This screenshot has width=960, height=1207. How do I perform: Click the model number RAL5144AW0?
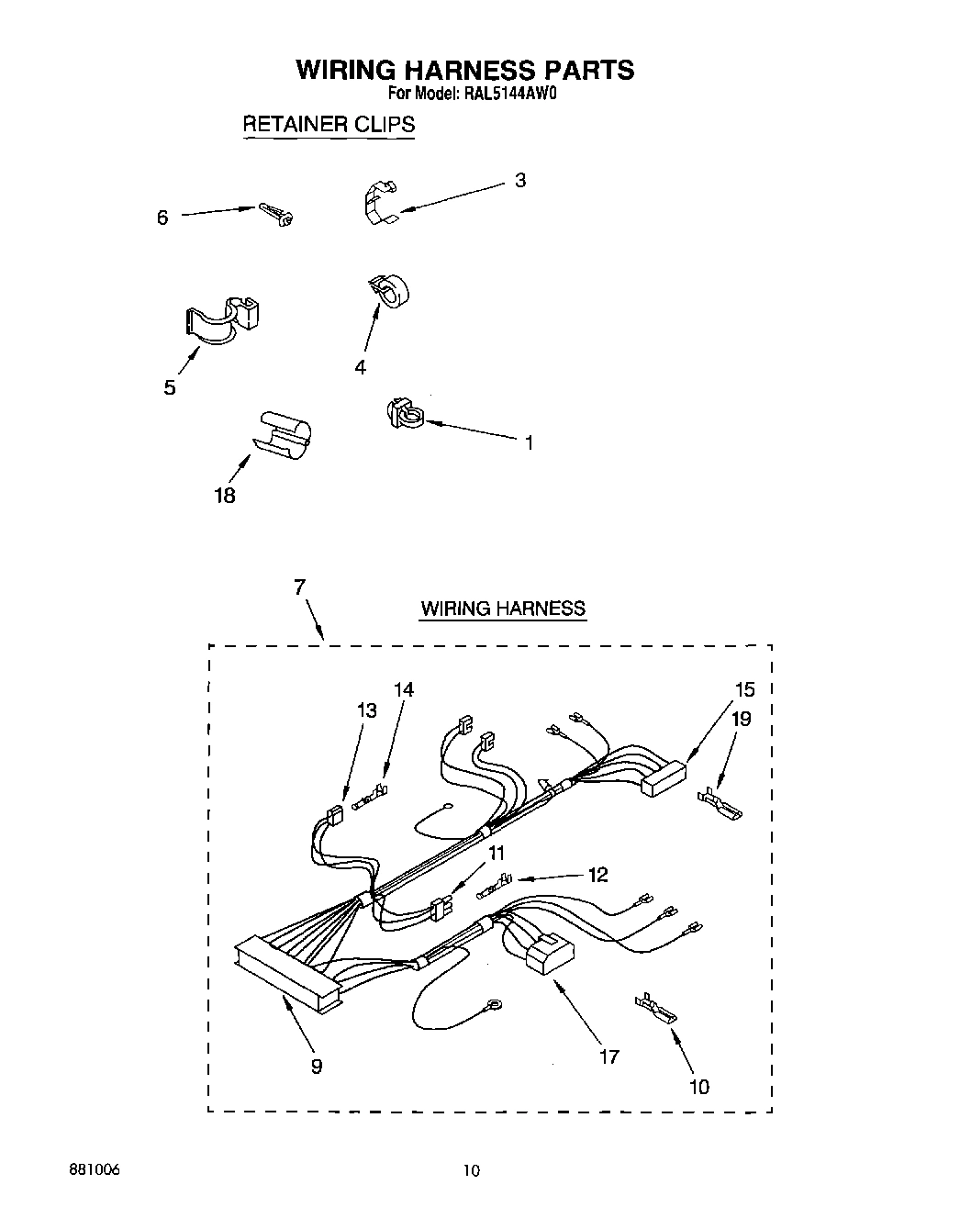pos(511,93)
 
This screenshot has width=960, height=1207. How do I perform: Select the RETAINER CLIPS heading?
pos(328,124)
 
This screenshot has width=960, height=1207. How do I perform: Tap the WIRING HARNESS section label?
pos(502,608)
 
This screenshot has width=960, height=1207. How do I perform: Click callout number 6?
pos(162,218)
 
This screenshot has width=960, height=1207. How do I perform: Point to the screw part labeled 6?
pos(276,214)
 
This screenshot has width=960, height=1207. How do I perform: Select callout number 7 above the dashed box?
pos(299,588)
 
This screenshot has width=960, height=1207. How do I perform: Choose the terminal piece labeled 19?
pos(720,805)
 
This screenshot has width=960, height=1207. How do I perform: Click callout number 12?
pos(597,875)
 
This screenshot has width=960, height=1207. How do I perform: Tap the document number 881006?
pos(94,1170)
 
